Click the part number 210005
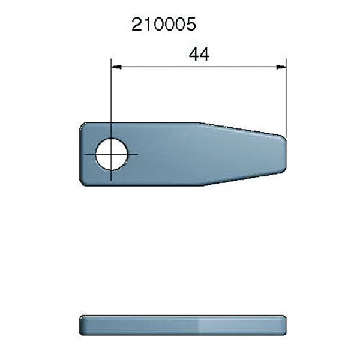click(x=164, y=25)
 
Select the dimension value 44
click(x=199, y=54)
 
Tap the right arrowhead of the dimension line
click(x=281, y=67)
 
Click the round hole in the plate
click(x=112, y=154)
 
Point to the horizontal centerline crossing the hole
click(x=133, y=154)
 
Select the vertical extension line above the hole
click(x=112, y=96)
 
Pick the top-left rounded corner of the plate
click(x=83, y=126)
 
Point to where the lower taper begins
click(x=201, y=185)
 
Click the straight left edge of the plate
click(x=80, y=154)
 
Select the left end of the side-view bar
click(x=81, y=324)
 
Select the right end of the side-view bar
click(x=285, y=324)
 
